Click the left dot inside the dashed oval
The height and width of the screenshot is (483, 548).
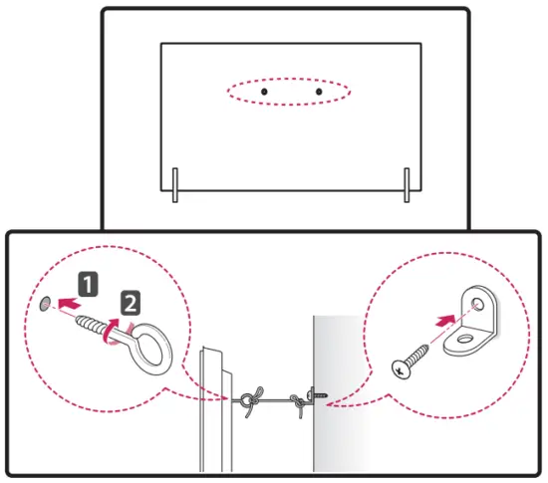tap(264, 92)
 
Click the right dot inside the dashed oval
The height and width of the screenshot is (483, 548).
tap(318, 92)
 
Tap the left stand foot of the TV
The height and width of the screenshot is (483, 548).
tap(174, 183)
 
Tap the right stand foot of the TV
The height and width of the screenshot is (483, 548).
tap(407, 183)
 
